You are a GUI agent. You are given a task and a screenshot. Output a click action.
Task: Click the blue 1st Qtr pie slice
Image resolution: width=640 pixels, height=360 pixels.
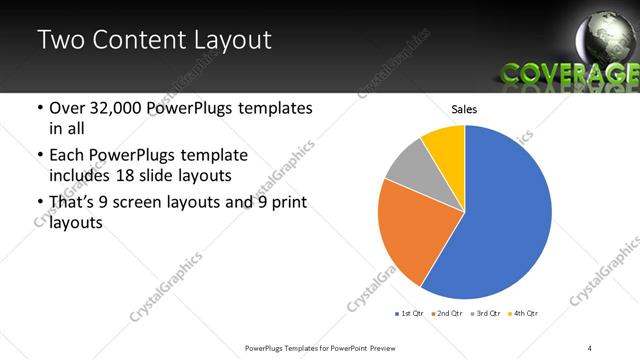tap(505, 215)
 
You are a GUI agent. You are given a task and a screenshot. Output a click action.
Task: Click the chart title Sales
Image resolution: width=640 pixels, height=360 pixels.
tap(464, 108)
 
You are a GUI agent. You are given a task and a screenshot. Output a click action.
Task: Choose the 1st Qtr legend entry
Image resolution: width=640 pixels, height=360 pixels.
tap(409, 314)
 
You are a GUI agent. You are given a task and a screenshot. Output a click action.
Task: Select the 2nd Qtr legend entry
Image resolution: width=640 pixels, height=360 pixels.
tap(447, 314)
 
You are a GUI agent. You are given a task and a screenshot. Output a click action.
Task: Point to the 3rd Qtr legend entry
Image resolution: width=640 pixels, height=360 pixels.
tap(485, 314)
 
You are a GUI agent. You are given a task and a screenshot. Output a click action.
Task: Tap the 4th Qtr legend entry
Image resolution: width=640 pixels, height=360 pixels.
tap(523, 314)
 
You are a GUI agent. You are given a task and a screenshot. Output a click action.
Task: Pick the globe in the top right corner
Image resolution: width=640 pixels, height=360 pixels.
tap(605, 35)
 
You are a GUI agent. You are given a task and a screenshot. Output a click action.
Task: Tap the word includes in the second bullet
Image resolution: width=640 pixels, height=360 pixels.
tap(77, 177)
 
